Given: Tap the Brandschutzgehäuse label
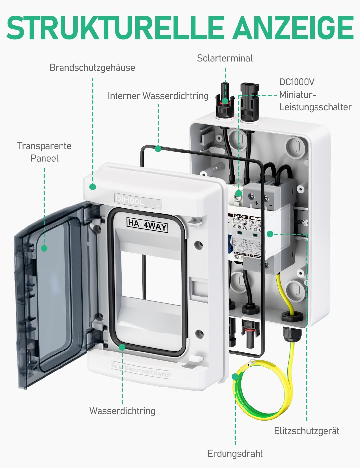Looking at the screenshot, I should tap(92, 68).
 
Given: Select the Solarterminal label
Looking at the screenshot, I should tap(225, 58).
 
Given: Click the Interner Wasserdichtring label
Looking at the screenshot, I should tap(158, 96).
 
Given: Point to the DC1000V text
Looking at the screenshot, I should tap(297, 82).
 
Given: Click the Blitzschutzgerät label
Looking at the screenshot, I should tap(306, 431).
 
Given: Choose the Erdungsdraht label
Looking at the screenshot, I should tap(235, 453).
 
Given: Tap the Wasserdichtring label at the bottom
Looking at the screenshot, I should tap(122, 411).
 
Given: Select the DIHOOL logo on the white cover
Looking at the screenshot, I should tap(130, 200).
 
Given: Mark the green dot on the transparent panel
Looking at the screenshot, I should tap(44, 248).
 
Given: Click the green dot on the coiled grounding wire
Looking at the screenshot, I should tap(235, 377).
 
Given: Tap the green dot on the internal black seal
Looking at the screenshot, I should tap(158, 149).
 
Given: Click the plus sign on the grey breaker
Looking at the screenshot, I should tap(256, 203).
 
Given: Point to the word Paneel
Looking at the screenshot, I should tap(44, 158).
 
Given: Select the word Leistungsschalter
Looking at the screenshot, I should tap(315, 107).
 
